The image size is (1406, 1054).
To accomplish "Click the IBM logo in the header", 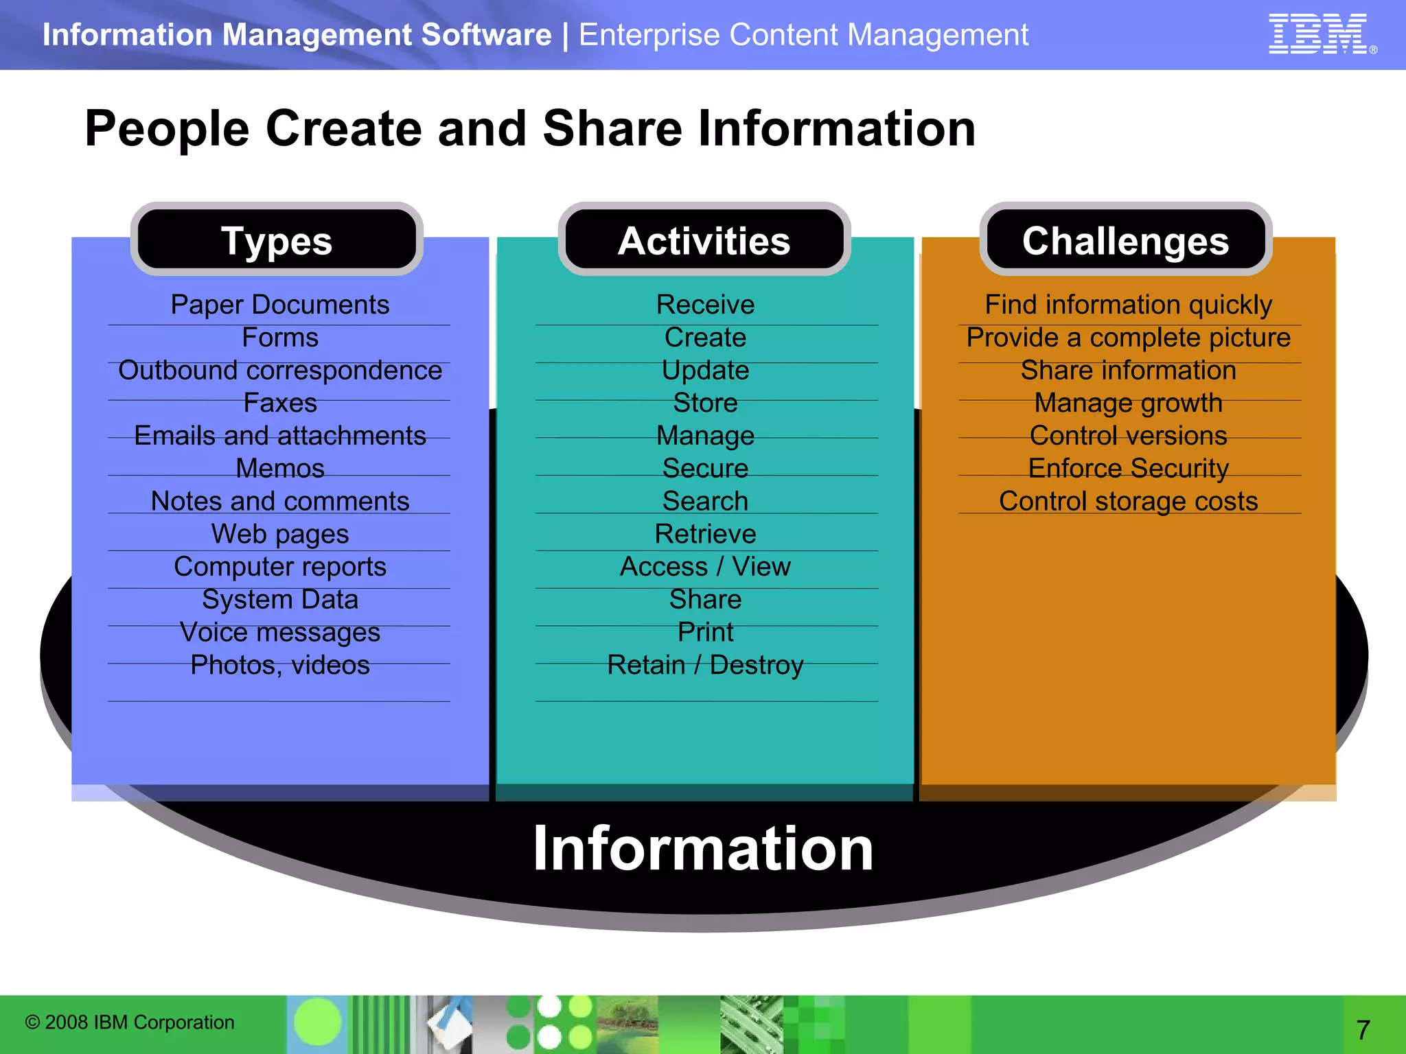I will pyautogui.click(x=1319, y=34).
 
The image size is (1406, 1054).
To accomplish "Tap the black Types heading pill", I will pyautogui.click(x=277, y=240).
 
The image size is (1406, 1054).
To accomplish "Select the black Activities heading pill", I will pyautogui.click(x=704, y=240).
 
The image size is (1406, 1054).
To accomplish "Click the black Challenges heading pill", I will pyautogui.click(x=1125, y=240).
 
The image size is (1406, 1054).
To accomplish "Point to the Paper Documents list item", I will pyautogui.click(x=279, y=305).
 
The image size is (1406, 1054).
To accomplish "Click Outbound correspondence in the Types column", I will pyautogui.click(x=279, y=371).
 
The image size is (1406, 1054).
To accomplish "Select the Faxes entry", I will pyautogui.click(x=279, y=403).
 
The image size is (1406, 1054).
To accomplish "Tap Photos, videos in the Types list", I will pyautogui.click(x=279, y=665).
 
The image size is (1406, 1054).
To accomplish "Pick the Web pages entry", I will pyautogui.click(x=279, y=534).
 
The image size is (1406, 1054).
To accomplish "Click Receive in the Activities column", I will pyautogui.click(x=705, y=305).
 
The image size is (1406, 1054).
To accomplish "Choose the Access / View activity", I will pyautogui.click(x=705, y=567).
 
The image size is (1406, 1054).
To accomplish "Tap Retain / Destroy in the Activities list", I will pyautogui.click(x=705, y=665).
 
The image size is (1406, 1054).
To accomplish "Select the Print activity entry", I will pyautogui.click(x=705, y=632).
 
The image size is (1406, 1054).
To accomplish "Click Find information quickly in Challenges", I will pyautogui.click(x=1128, y=305).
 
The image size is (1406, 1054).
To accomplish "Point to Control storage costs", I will pyautogui.click(x=1128, y=502).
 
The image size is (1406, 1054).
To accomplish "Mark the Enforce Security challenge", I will pyautogui.click(x=1128, y=469).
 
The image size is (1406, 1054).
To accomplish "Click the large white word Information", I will pyautogui.click(x=703, y=849).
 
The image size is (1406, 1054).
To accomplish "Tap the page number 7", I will pyautogui.click(x=1363, y=1029).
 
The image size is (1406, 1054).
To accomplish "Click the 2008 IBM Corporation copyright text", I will pyautogui.click(x=130, y=1022).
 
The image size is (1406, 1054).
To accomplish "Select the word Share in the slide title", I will pyautogui.click(x=612, y=129).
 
